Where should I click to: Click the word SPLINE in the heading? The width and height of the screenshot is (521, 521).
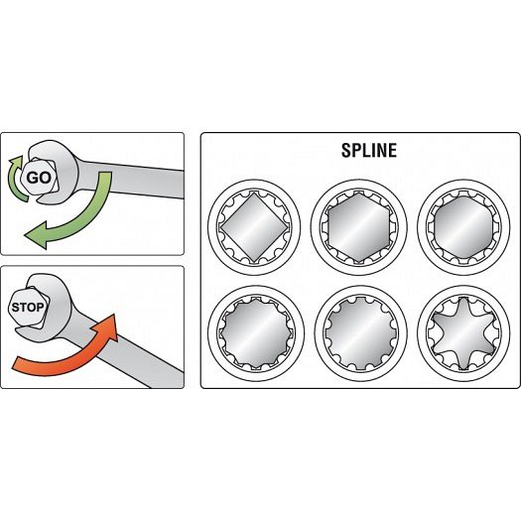coord(369,150)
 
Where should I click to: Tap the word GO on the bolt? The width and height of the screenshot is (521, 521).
coord(39,178)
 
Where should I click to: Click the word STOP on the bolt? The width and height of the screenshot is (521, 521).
coord(28,307)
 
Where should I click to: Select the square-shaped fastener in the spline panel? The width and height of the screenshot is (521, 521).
coord(254,227)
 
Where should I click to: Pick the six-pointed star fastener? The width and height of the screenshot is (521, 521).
coord(463,332)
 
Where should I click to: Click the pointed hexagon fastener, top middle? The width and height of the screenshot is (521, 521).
coord(359,227)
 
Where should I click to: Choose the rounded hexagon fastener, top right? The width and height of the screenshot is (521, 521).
coord(463,227)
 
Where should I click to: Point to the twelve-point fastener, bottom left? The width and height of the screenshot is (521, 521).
coord(255,332)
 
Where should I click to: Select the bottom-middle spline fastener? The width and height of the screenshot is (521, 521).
coord(360,332)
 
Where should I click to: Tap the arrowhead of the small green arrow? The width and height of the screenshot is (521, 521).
coord(16,161)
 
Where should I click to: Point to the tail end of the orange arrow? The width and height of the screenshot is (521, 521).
coord(15,364)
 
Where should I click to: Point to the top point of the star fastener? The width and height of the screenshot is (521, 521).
coord(463,298)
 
